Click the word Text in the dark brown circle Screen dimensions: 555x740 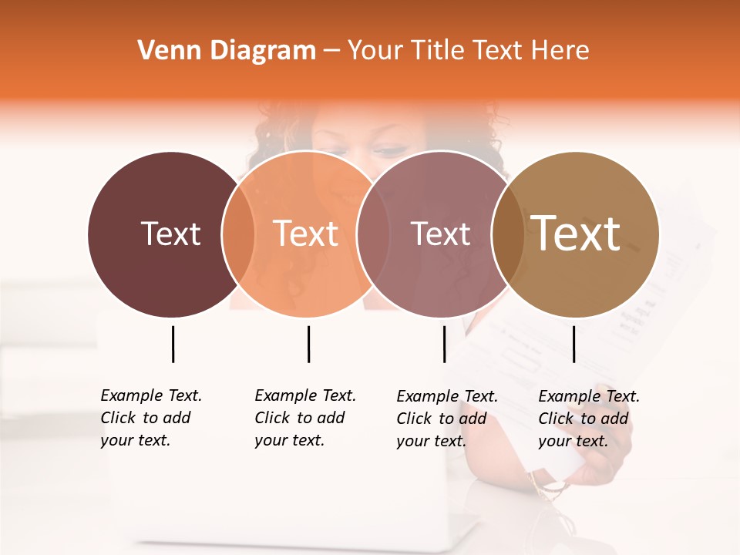pyautogui.click(x=170, y=234)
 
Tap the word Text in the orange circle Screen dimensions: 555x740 pyautogui.click(x=306, y=234)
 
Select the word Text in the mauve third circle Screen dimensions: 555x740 pyautogui.click(x=440, y=234)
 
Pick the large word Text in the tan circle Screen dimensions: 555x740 pyautogui.click(x=576, y=234)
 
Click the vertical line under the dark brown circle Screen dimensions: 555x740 pyautogui.click(x=173, y=344)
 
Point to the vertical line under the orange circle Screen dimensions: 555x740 pyautogui.click(x=308, y=344)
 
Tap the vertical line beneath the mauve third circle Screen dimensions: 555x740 pyautogui.click(x=444, y=344)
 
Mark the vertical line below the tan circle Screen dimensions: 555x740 pyautogui.click(x=573, y=344)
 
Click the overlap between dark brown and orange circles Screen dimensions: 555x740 pyautogui.click(x=238, y=234)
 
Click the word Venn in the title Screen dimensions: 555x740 pyautogui.click(x=160, y=51)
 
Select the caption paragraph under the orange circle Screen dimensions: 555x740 pyautogui.click(x=305, y=418)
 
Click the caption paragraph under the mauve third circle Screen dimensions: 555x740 pyautogui.click(x=447, y=419)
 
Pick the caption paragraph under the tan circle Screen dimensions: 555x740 pyautogui.click(x=589, y=419)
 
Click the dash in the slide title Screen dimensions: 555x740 pyautogui.click(x=331, y=51)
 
